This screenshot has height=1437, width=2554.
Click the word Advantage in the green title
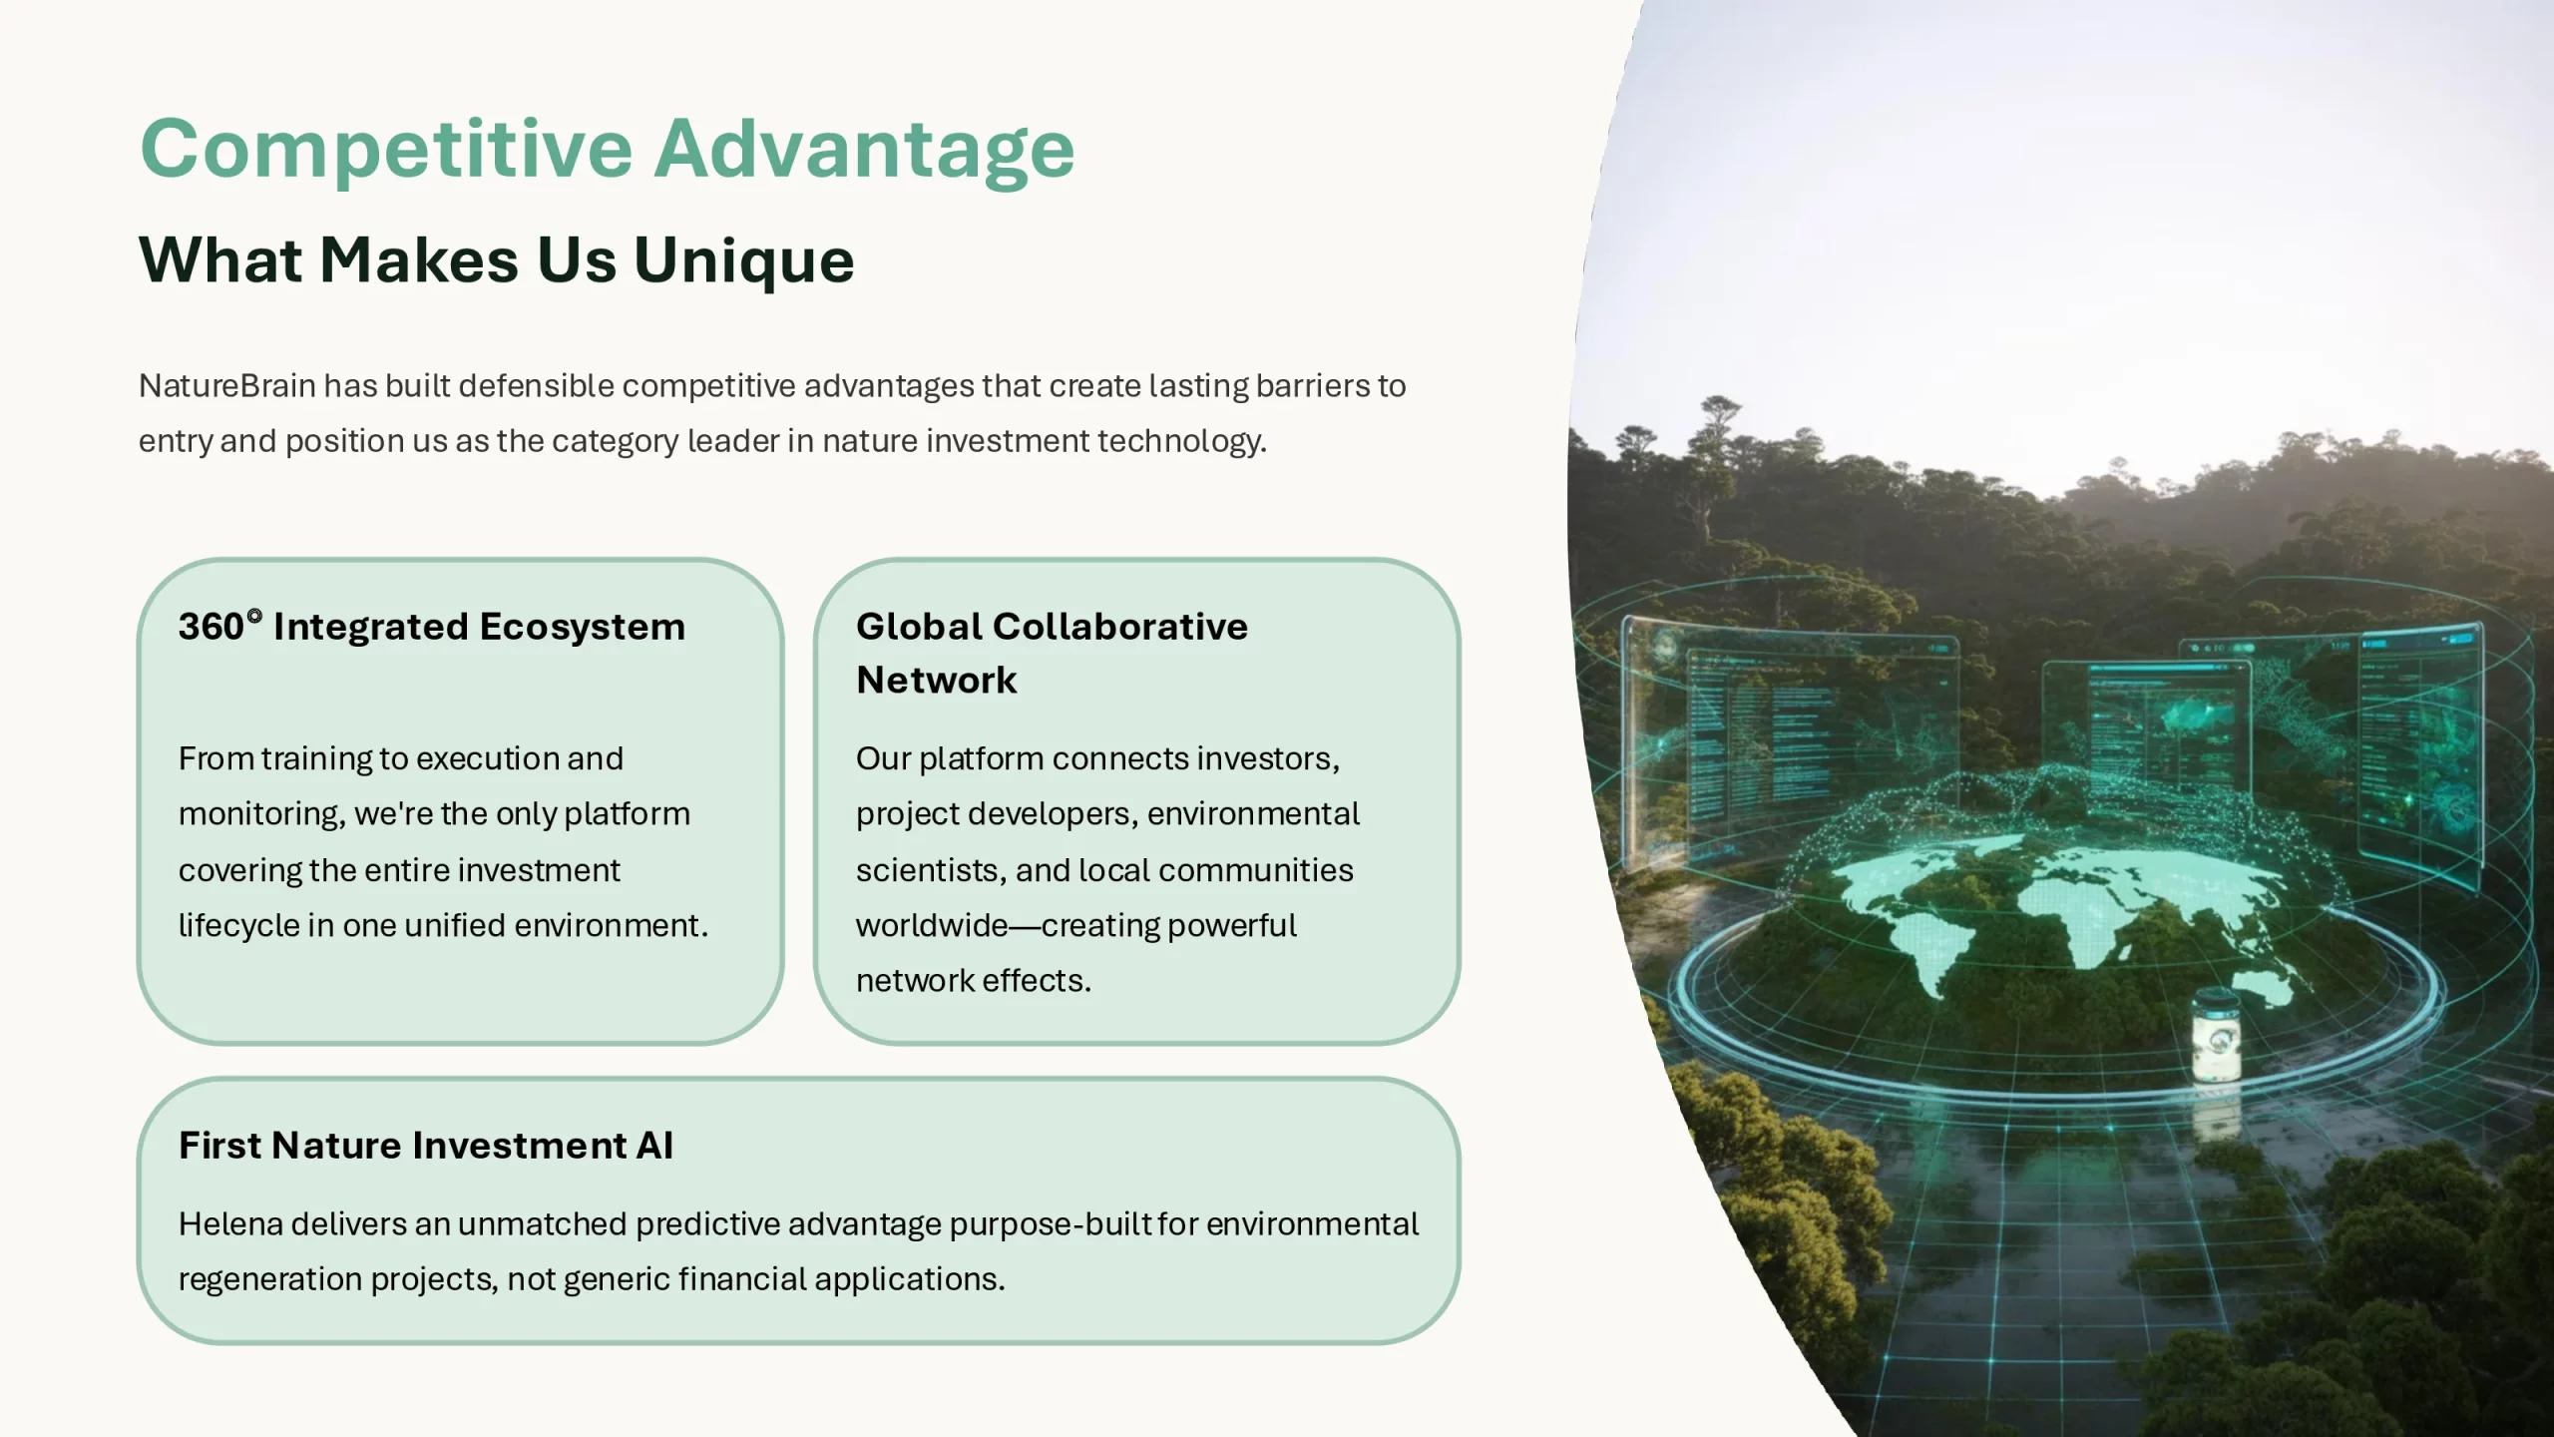coord(865,150)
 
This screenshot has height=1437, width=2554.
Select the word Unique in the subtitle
coord(744,260)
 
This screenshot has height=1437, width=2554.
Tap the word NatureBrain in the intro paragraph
coord(227,385)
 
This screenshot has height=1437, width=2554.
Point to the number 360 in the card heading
coord(212,627)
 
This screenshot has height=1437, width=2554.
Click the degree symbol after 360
coord(254,616)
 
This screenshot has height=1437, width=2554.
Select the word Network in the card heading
coord(937,681)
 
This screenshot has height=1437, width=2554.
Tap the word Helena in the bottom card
coord(230,1223)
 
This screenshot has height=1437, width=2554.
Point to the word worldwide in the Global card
coord(932,925)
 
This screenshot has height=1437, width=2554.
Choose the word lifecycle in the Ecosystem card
coord(238,926)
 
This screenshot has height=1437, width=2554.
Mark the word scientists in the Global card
coord(930,870)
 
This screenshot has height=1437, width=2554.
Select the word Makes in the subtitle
coord(419,260)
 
